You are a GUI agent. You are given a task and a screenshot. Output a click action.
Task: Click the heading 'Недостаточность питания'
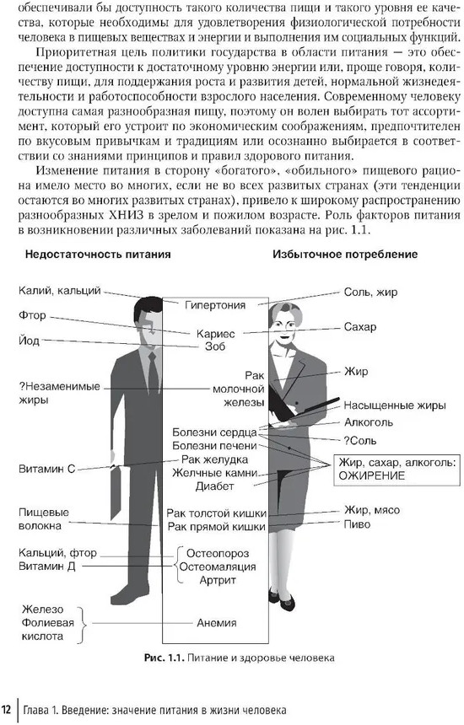pyautogui.click(x=98, y=255)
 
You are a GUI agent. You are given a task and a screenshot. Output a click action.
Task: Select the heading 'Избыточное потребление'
pyautogui.click(x=345, y=255)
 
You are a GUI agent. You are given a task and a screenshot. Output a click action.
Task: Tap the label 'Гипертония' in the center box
pyautogui.click(x=215, y=305)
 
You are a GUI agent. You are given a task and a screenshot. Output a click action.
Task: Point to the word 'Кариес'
pyautogui.click(x=216, y=333)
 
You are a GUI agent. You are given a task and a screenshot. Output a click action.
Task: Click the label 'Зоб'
pyautogui.click(x=215, y=346)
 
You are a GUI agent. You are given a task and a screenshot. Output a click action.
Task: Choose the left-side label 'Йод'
pyautogui.click(x=29, y=341)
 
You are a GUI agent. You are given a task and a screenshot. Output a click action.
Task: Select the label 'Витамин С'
pyautogui.click(x=46, y=469)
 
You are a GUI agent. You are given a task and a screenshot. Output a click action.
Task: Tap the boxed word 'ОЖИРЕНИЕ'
pyautogui.click(x=371, y=475)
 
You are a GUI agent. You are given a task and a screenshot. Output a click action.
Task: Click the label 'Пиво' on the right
pyautogui.click(x=357, y=524)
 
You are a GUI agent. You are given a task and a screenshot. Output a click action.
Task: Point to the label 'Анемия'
pyautogui.click(x=217, y=623)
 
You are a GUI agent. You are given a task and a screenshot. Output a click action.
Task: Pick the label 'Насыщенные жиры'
pyautogui.click(x=395, y=406)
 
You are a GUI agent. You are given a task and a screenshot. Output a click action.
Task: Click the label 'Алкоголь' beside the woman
pyautogui.click(x=368, y=422)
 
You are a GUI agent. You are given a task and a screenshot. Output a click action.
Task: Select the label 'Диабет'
pyautogui.click(x=214, y=486)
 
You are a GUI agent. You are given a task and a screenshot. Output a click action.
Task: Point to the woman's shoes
pyautogui.click(x=281, y=599)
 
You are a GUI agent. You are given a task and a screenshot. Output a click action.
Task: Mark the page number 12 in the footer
pyautogui.click(x=7, y=710)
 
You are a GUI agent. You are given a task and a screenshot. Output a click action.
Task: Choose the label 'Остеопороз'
pyautogui.click(x=218, y=554)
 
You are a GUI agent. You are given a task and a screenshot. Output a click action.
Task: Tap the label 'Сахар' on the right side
pyautogui.click(x=360, y=327)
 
